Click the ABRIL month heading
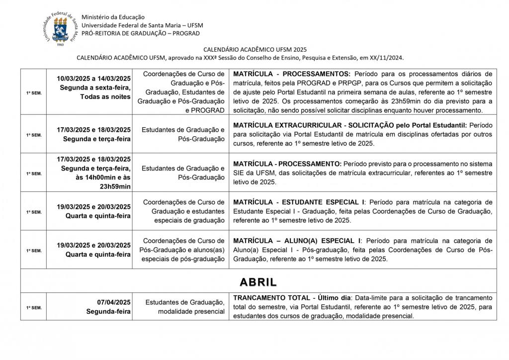pos(258,282)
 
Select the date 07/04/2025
pos(114,302)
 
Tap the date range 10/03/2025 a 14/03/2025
pos(93,79)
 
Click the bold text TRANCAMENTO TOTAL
pos(271,297)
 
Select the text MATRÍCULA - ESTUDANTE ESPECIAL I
pos(298,202)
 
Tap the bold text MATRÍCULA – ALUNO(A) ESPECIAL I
pos(298,241)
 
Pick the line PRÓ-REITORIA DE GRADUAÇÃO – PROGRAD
pos(140,33)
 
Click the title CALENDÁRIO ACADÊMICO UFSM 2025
pos(255,49)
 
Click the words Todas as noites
pos(105,96)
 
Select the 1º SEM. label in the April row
pos(33,308)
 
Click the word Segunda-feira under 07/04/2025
pos(108,312)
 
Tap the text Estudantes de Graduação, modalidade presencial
pos(185,307)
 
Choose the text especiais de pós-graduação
pos(183,259)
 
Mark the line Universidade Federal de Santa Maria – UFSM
pos(142,25)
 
